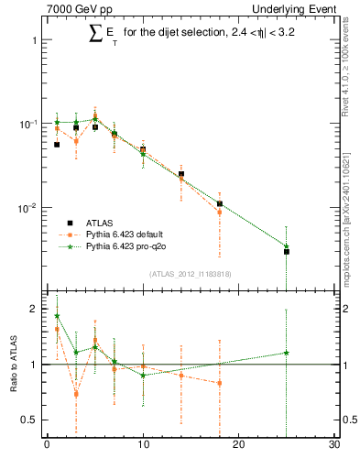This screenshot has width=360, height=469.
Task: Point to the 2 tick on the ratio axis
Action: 37,309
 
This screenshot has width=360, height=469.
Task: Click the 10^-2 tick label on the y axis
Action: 27,208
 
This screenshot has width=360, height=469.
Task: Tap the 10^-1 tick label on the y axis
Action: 27,124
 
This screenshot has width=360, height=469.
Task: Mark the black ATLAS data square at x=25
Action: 287,251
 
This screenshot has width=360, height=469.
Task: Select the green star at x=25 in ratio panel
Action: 287,353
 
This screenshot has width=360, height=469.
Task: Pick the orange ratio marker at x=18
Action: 220,383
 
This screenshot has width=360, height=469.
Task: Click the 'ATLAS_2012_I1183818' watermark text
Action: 190,274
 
